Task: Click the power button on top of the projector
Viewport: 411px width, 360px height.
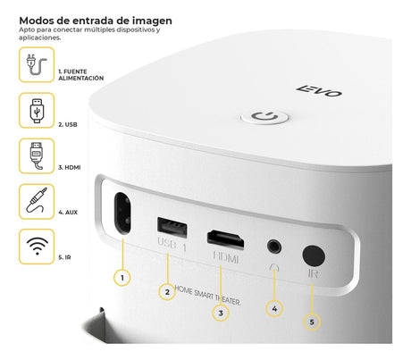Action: point(264,116)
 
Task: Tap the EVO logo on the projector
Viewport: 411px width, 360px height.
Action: point(319,91)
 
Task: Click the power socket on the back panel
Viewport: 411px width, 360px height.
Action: point(122,213)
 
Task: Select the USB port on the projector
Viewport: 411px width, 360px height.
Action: point(172,228)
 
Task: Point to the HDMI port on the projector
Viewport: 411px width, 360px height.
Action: point(225,239)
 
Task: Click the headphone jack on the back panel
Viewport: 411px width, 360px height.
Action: point(274,247)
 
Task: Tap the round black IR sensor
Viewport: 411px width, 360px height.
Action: point(314,255)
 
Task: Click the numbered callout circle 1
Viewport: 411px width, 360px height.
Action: point(122,278)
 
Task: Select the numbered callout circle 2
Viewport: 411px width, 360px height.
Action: point(167,292)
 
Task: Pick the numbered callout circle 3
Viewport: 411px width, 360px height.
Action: point(221,313)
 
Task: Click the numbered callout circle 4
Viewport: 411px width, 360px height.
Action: point(274,308)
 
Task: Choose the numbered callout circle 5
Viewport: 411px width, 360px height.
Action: point(312,322)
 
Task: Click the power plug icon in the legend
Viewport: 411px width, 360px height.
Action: point(37,64)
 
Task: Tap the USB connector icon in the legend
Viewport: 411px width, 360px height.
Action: point(37,111)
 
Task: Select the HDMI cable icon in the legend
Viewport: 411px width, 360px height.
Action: point(37,156)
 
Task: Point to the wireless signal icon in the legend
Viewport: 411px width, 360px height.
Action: point(37,247)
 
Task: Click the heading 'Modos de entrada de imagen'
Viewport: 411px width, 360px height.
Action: point(96,21)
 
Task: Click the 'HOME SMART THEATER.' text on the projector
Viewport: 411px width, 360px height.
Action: point(207,296)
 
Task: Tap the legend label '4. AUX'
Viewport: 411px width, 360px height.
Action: point(68,213)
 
